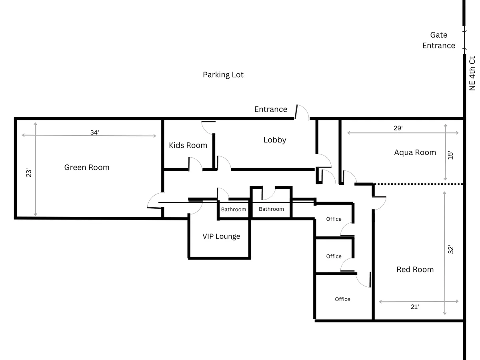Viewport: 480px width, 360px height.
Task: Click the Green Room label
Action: [x=86, y=168]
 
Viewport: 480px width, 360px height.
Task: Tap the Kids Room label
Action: [x=188, y=145]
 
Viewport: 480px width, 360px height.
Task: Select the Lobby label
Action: [x=275, y=140]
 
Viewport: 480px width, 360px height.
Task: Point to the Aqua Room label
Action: [x=415, y=152]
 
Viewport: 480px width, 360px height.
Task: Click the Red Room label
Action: [x=415, y=270]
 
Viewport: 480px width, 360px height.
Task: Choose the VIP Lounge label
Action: [x=221, y=236]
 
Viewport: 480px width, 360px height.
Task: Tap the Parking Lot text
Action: [x=223, y=75]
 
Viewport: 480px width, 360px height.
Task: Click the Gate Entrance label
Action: [x=438, y=40]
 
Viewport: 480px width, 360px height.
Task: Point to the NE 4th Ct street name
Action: [x=472, y=74]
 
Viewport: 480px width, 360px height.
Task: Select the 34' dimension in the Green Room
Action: [x=94, y=132]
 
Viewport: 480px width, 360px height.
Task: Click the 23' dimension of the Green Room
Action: [x=29, y=173]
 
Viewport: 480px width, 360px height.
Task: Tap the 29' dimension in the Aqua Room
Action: [x=398, y=128]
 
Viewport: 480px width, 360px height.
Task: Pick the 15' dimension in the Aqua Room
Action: [x=450, y=155]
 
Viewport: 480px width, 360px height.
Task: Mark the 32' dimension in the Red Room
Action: [x=450, y=250]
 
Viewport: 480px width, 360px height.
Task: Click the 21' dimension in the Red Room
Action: [x=415, y=307]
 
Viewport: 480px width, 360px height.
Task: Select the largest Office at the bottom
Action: [x=342, y=299]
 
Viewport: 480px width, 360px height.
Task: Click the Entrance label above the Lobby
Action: [x=270, y=109]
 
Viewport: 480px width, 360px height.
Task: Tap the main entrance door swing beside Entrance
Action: [x=302, y=112]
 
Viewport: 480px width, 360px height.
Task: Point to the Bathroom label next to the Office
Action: [x=271, y=209]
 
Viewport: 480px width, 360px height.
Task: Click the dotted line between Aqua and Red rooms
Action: [x=418, y=184]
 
